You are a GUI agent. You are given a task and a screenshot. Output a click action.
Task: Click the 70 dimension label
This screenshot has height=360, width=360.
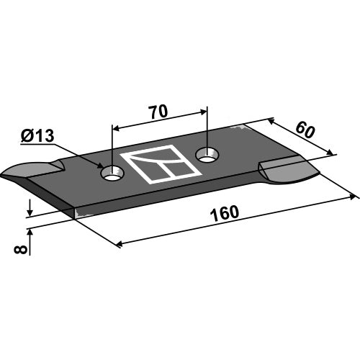coord(158,112)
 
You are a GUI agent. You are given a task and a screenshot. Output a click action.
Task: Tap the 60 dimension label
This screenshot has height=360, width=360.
coord(305,130)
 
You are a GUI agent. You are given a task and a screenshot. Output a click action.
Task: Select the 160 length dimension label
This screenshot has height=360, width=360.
coord(225,213)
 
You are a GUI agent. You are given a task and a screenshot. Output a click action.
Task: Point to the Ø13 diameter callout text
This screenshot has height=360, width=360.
coord(37,136)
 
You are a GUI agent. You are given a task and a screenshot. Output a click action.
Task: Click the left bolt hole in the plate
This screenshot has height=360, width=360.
coord(112,174)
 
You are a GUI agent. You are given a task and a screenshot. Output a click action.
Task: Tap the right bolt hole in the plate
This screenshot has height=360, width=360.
coord(207,155)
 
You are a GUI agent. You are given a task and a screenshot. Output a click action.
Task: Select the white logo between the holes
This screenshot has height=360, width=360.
coord(161,164)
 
